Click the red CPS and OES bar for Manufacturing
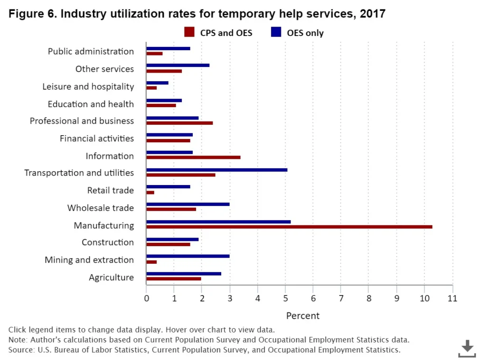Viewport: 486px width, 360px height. pyautogui.click(x=289, y=227)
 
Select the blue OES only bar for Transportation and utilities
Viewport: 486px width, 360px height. pyautogui.click(x=216, y=169)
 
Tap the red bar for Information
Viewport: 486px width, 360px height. pyautogui.click(x=193, y=157)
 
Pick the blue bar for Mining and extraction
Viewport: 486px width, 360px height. pyautogui.click(x=187, y=256)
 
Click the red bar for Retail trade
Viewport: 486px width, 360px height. pyautogui.click(x=150, y=192)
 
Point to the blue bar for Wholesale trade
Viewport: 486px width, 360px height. pyautogui.click(x=187, y=204)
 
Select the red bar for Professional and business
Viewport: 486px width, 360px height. pyautogui.click(x=179, y=122)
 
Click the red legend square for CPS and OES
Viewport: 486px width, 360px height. pyautogui.click(x=189, y=32)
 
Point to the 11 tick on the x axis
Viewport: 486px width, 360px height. pyautogui.click(x=452, y=298)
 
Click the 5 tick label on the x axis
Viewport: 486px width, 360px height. pyautogui.click(x=285, y=298)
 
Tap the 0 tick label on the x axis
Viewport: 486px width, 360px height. pyautogui.click(x=146, y=298)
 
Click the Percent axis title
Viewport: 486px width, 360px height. pyautogui.click(x=303, y=316)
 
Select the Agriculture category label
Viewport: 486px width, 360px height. pyautogui.click(x=111, y=277)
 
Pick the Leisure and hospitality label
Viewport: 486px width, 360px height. pyautogui.click(x=88, y=86)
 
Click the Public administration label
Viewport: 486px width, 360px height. pyautogui.click(x=91, y=51)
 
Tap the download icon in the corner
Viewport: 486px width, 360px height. pyautogui.click(x=467, y=348)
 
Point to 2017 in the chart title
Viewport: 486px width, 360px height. pyautogui.click(x=373, y=14)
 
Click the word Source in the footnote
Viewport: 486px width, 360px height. pyautogui.click(x=20, y=351)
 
